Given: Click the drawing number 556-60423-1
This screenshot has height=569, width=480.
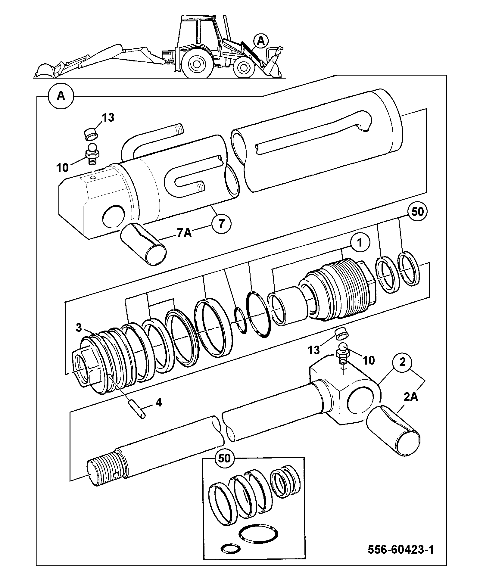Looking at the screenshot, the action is pos(401,550).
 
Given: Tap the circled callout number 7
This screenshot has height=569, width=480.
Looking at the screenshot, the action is pos(221,224).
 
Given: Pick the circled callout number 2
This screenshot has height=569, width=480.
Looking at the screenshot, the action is pos(403,363).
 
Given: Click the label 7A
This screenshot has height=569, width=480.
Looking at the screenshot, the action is pos(184,232).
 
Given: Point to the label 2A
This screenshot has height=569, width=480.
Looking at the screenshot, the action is pos(411,397).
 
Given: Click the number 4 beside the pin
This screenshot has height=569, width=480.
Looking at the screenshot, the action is pos(159,402).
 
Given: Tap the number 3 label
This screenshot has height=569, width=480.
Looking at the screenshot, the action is pos(79,328).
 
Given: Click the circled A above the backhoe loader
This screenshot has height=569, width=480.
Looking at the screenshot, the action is pos(261,41).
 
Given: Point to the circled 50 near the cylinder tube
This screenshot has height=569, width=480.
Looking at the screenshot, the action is pos(417,212).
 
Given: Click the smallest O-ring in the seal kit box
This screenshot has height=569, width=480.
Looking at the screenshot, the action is pos(231,548).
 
